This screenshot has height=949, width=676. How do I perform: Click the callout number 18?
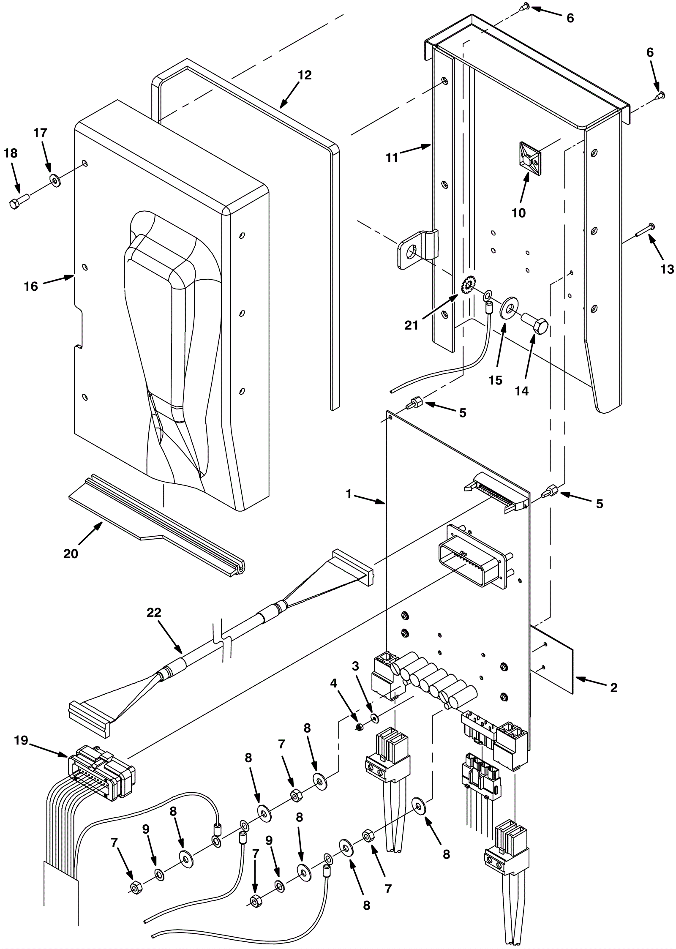tap(11, 153)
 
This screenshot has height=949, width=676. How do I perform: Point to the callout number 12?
tap(304, 75)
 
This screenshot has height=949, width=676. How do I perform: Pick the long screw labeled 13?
tap(644, 230)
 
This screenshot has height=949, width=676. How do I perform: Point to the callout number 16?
tap(31, 286)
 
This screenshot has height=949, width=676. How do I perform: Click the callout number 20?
tap(71, 554)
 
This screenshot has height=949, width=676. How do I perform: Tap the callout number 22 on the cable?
tap(154, 613)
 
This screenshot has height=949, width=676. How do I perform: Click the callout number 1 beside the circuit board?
tap(349, 494)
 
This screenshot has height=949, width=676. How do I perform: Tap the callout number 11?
tap(392, 158)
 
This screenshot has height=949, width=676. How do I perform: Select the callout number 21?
tap(411, 325)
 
